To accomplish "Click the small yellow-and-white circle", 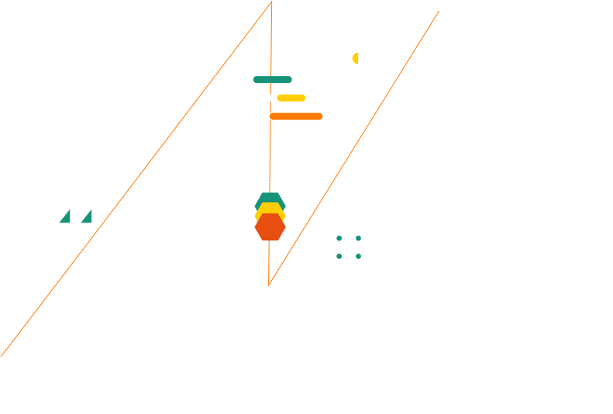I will pos(358,58).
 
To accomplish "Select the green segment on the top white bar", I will pos(272,80).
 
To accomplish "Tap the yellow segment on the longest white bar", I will pos(291,98).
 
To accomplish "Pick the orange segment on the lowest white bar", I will pos(295,116).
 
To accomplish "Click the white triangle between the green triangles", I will pos(77,218).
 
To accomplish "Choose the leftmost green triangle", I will pos(66,218).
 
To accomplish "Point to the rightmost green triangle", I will pos(88,218).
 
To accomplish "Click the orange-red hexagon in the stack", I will pos(270,229).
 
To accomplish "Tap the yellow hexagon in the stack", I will pos(270,209).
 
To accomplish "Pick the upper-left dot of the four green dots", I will pos(339,238).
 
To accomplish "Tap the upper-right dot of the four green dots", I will pos(358,238).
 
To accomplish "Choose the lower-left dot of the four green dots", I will pos(339,256).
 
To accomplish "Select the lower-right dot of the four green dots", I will pos(358,256).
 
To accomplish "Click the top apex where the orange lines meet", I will pos(271,2).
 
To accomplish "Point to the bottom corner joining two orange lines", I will pos(269,285).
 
